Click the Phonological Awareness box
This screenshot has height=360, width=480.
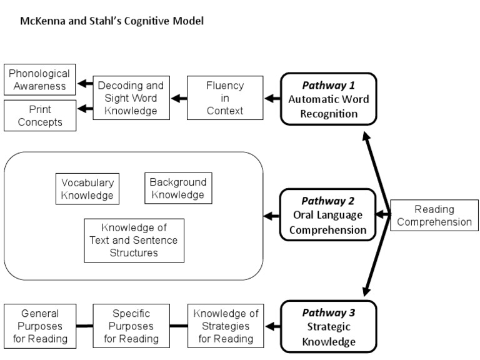[x=39, y=79]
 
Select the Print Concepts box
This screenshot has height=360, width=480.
[x=39, y=116]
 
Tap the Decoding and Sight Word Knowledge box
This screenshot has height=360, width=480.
[x=131, y=97]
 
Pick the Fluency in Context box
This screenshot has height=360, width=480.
[x=224, y=97]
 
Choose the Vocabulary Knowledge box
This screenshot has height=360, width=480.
[x=87, y=189]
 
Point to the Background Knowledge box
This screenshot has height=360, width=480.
[x=177, y=189]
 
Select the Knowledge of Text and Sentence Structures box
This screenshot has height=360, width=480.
[x=134, y=240]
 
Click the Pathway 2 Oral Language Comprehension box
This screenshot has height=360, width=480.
[x=327, y=216]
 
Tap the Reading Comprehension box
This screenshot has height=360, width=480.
[x=434, y=216]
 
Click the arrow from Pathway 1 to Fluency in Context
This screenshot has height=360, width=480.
[x=271, y=98]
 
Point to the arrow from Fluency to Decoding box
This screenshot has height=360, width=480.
[x=179, y=98]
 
